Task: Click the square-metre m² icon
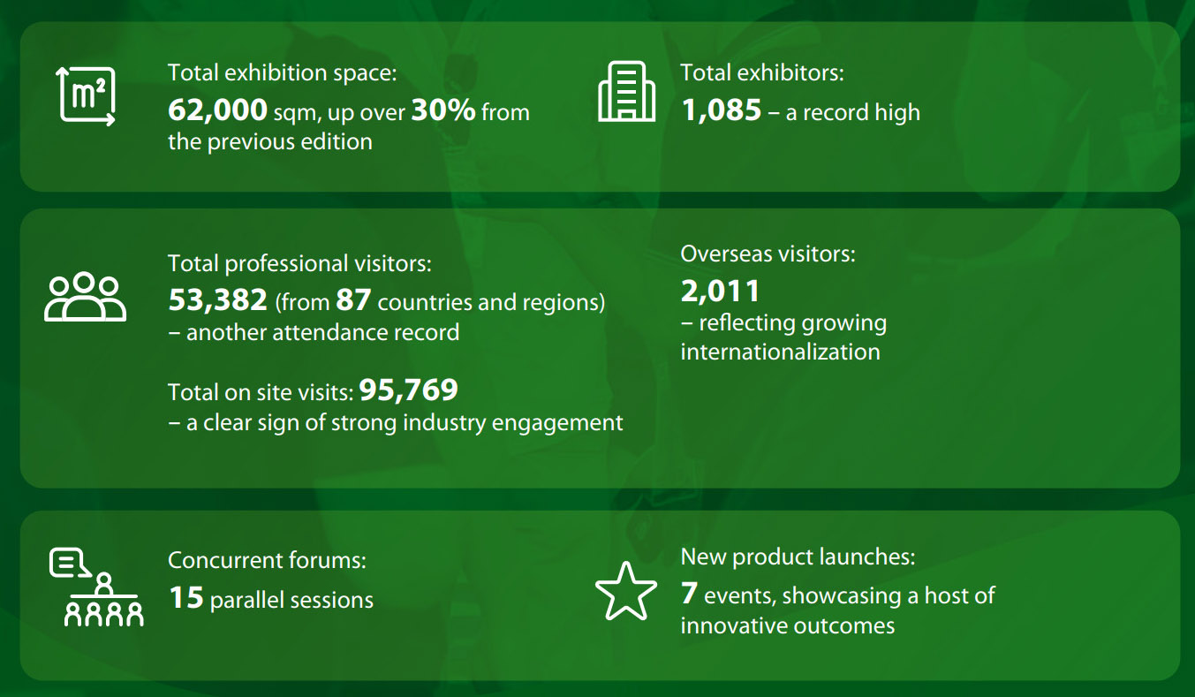pyautogui.click(x=86, y=96)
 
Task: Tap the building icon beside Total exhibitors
pyautogui.click(x=626, y=91)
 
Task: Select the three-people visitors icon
pyautogui.click(x=85, y=297)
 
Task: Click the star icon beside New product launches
pyautogui.click(x=626, y=591)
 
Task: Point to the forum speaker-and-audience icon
pyautogui.click(x=96, y=587)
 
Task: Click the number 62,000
pyautogui.click(x=217, y=110)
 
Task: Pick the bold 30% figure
pyautogui.click(x=442, y=110)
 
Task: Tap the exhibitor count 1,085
pyautogui.click(x=721, y=110)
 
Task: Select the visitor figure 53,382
pyautogui.click(x=217, y=300)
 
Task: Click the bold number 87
pyautogui.click(x=353, y=300)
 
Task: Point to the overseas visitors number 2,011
pyautogui.click(x=720, y=292)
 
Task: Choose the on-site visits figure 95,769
pyautogui.click(x=409, y=390)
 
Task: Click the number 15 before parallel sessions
pyautogui.click(x=186, y=598)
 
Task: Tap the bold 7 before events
pyautogui.click(x=689, y=593)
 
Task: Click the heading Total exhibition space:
pyautogui.click(x=283, y=72)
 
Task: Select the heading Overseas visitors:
pyautogui.click(x=768, y=254)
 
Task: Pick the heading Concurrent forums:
pyautogui.click(x=267, y=560)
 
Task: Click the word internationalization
pyautogui.click(x=780, y=352)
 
